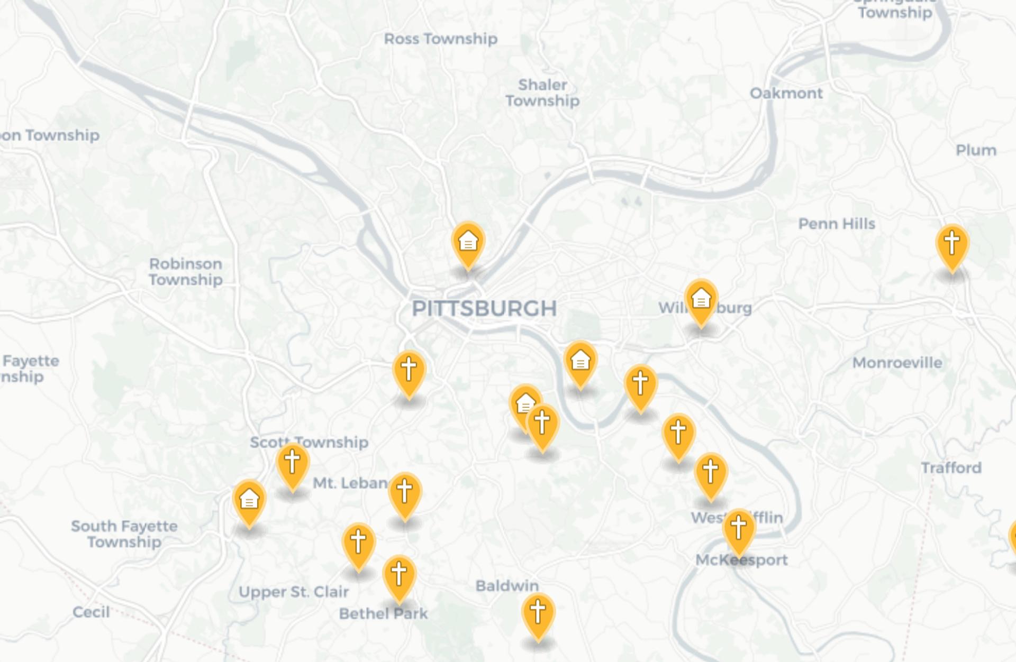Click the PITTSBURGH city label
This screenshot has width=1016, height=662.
pyautogui.click(x=484, y=308)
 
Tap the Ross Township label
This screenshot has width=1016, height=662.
pyautogui.click(x=440, y=39)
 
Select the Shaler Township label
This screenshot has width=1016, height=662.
pyautogui.click(x=542, y=93)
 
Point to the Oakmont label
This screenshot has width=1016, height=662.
pyautogui.click(x=786, y=93)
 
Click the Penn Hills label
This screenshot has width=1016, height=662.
pyautogui.click(x=836, y=224)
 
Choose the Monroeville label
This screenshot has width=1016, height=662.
pyautogui.click(x=897, y=363)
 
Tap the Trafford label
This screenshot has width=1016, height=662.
pyautogui.click(x=951, y=467)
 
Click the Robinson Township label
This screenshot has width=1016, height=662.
pyautogui.click(x=186, y=271)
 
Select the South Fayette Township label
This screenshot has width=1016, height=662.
pyautogui.click(x=124, y=534)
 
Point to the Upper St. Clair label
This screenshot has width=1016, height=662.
pyautogui.click(x=294, y=592)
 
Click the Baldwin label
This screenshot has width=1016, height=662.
pyautogui.click(x=507, y=585)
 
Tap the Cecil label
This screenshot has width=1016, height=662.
pyautogui.click(x=91, y=612)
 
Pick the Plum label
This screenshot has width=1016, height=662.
pyautogui.click(x=976, y=150)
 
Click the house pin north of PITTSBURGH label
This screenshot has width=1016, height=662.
pyautogui.click(x=468, y=244)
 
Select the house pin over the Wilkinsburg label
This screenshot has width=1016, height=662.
pyautogui.click(x=701, y=301)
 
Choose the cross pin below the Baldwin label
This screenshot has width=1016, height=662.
pyautogui.click(x=538, y=614)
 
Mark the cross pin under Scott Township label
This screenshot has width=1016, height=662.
pyautogui.click(x=293, y=464)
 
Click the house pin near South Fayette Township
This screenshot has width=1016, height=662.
pyautogui.click(x=249, y=501)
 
